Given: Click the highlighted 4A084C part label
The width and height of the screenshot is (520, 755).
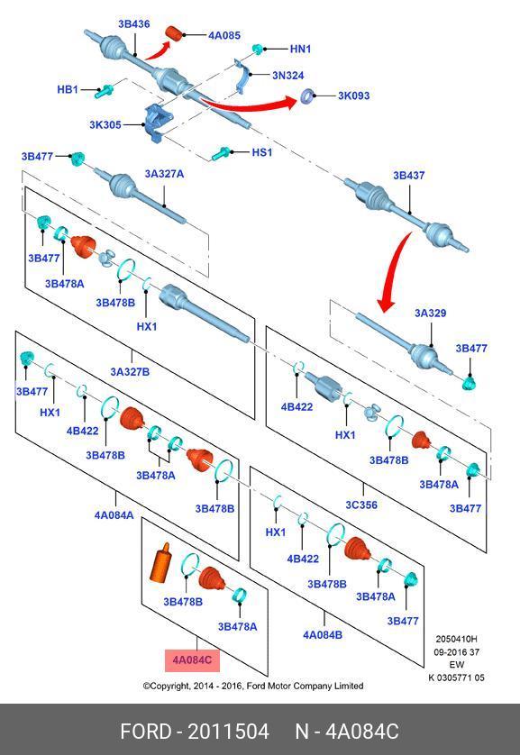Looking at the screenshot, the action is (192, 659).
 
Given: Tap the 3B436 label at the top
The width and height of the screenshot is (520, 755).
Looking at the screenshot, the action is (134, 24).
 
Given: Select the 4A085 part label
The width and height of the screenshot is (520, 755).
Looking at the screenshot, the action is (224, 35).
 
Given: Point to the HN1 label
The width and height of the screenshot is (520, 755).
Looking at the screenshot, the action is (300, 50).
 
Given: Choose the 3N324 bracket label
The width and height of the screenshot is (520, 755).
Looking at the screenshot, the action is (287, 76).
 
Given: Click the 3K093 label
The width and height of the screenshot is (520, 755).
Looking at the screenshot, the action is (353, 96).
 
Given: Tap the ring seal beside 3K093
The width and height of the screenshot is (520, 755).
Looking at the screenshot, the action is (307, 96).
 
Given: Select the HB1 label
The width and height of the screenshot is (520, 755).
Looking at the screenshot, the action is (68, 89).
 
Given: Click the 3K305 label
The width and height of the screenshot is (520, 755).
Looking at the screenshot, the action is (105, 124).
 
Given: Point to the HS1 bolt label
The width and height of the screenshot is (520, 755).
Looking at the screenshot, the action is (262, 152).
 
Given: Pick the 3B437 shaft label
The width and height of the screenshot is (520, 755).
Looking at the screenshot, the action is (409, 176).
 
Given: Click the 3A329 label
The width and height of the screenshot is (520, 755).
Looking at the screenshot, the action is (431, 313).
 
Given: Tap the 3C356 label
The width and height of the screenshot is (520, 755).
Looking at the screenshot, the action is (361, 505).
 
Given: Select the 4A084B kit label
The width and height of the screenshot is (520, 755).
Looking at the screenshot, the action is (323, 635).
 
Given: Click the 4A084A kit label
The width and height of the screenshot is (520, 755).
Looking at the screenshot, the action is (114, 515).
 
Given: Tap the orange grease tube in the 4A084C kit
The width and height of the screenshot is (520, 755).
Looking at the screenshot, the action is (161, 562).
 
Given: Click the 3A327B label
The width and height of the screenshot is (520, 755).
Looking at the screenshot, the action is (130, 372).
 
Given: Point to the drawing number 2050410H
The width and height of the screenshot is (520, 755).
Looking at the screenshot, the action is (456, 640).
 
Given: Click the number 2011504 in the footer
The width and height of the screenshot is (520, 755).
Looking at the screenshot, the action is (228, 732).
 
